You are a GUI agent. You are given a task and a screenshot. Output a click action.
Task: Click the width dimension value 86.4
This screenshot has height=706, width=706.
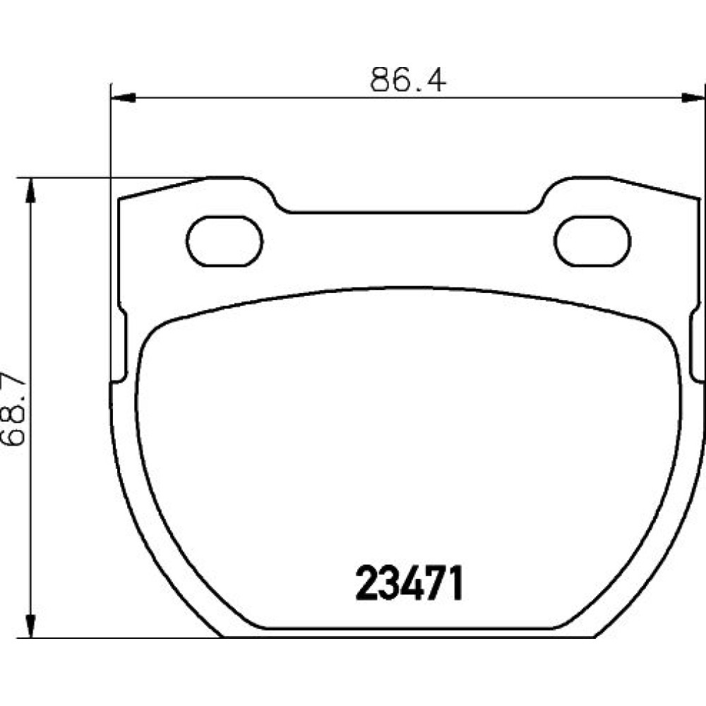[x=408, y=80]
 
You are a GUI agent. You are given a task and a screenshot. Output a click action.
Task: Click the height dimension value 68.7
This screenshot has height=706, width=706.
[x=13, y=408]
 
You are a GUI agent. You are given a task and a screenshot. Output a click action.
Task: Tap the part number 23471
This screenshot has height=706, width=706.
[x=409, y=583]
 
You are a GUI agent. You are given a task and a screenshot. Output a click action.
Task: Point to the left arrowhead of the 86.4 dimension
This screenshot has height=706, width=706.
[x=123, y=97]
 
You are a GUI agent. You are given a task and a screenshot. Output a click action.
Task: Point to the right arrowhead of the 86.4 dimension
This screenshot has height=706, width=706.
[x=693, y=97]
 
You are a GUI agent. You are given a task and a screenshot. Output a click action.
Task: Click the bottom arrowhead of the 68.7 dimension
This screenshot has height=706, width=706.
[x=30, y=625]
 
